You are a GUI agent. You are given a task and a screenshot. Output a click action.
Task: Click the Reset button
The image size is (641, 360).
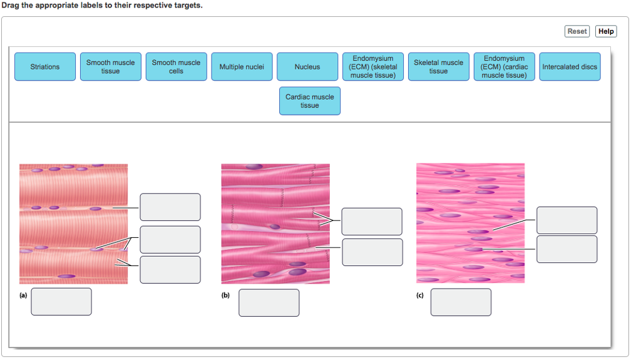577,31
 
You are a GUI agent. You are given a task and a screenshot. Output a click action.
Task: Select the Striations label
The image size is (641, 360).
45,67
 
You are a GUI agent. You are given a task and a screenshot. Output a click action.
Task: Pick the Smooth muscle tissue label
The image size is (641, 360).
110,67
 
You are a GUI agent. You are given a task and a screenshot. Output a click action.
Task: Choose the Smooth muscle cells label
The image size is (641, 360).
176,67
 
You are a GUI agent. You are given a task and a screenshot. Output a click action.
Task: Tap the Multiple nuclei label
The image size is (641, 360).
242,67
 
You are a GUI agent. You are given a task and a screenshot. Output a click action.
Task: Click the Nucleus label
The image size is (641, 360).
307,67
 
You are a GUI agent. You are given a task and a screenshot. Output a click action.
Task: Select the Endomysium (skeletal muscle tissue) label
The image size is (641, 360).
372,67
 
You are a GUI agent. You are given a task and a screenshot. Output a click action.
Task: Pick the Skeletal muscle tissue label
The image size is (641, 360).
438,67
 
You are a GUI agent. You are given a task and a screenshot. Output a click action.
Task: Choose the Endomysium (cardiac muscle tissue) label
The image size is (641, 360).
504,67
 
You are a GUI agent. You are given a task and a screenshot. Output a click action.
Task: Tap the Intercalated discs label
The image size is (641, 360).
570,67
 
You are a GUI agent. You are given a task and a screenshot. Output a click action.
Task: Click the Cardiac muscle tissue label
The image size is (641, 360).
309,101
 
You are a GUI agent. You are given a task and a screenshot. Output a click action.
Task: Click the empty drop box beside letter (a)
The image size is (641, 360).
61,301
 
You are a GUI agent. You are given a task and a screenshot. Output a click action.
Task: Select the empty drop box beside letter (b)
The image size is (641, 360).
269,302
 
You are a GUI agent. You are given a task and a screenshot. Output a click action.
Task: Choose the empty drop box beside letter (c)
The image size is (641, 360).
461,302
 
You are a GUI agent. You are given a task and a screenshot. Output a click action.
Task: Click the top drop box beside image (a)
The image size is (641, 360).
170,207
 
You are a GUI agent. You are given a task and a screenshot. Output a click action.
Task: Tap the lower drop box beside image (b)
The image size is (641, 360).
372,252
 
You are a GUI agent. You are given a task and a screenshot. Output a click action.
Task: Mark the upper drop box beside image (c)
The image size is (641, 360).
567,220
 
